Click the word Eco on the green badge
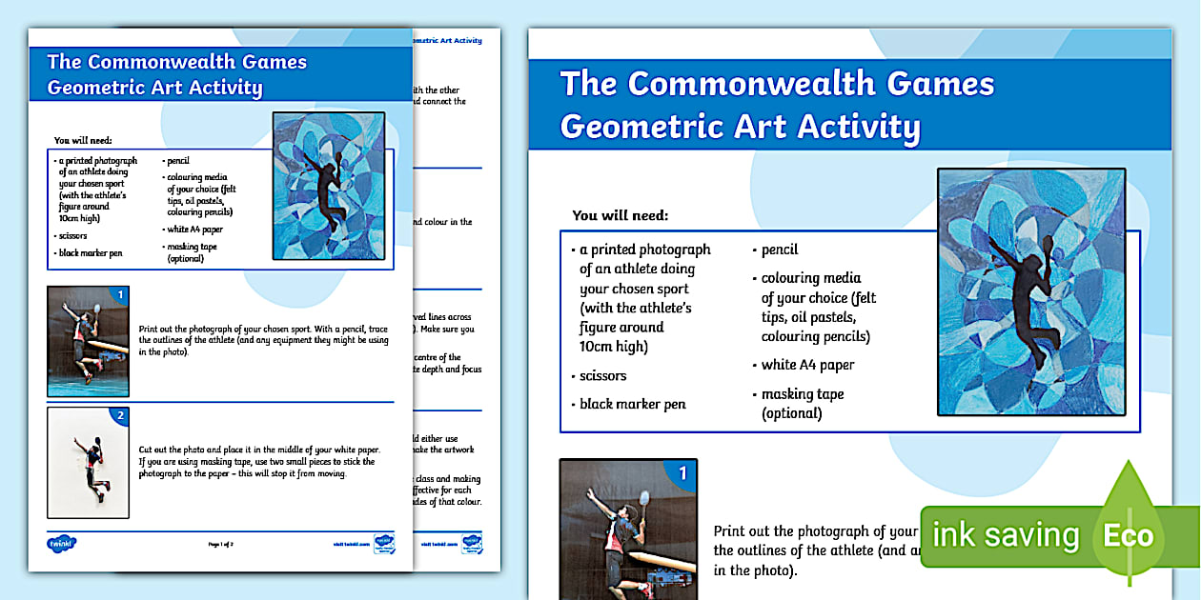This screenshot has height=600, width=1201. tap(1129, 535)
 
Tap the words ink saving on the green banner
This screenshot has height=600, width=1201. tap(1005, 535)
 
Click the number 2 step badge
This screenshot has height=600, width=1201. tap(120, 416)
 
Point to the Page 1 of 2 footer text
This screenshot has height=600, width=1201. tap(220, 544)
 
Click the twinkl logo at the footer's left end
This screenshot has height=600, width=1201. tap(61, 544)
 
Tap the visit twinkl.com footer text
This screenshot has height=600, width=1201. tap(352, 544)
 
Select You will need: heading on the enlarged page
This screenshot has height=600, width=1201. tap(620, 215)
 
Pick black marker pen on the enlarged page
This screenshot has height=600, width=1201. tap(633, 404)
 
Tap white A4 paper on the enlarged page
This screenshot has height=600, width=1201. tap(807, 365)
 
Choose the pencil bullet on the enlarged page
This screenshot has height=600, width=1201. tap(780, 250)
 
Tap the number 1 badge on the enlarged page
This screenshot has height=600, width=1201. tap(682, 473)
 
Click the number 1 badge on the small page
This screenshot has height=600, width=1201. tap(120, 295)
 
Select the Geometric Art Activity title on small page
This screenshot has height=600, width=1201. tap(154, 89)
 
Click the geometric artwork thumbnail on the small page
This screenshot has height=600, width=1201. tap(328, 186)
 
